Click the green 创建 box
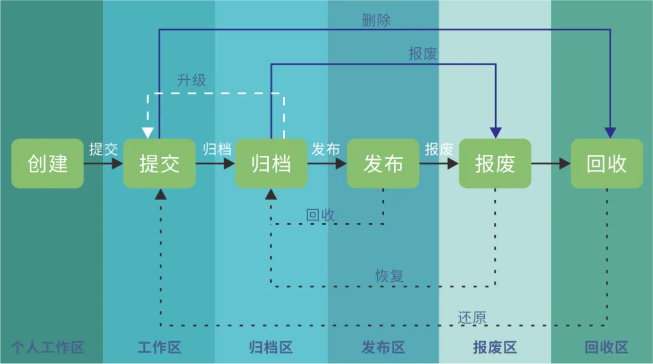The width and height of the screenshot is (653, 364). (x=47, y=163)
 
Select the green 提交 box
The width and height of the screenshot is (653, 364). (x=159, y=163)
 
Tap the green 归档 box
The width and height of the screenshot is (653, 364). (x=271, y=163)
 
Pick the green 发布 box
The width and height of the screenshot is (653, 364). (x=383, y=163)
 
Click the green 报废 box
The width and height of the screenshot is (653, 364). (x=495, y=163)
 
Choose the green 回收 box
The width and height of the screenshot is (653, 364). (x=606, y=163)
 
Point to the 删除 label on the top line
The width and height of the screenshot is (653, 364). (x=376, y=20)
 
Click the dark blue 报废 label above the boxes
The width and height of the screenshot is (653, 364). (x=423, y=54)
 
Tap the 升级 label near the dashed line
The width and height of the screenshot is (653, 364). (x=192, y=80)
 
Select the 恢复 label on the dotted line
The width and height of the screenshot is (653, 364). (x=389, y=276)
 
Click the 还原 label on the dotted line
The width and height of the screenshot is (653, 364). (x=472, y=317)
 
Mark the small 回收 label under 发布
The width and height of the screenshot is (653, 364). (x=320, y=215)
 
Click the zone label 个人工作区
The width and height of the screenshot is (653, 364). (x=48, y=348)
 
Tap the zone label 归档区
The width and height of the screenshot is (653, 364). (x=271, y=348)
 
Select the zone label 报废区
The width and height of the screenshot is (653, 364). (x=495, y=348)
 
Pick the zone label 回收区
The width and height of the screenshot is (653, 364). (x=606, y=348)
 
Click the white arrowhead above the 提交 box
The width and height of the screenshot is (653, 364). (x=148, y=132)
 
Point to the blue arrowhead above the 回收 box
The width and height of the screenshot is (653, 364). (x=610, y=132)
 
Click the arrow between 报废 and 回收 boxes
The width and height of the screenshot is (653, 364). (x=551, y=163)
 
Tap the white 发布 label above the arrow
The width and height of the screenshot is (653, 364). (x=325, y=149)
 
